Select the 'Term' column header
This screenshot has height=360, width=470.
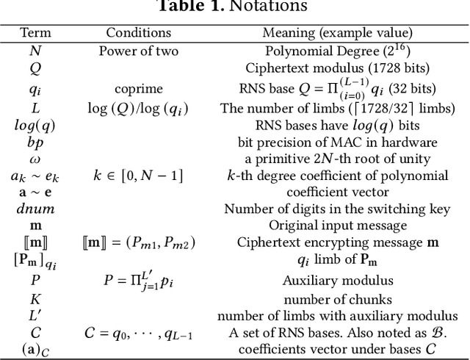[x=35, y=33]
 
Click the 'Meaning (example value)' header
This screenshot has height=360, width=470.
[x=337, y=33]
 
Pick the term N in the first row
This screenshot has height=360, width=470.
[x=35, y=51]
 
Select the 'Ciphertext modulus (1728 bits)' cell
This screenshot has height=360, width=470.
[x=337, y=68]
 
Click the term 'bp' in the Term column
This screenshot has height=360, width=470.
[x=35, y=142]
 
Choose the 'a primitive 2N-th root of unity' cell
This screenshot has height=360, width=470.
[x=337, y=159]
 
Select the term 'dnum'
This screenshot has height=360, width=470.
[x=35, y=209]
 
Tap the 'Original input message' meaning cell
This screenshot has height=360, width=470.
[x=337, y=226]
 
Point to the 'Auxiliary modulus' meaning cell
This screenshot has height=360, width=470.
[x=337, y=280]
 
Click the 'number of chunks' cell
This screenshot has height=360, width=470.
[x=337, y=298]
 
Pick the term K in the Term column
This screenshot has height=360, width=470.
[x=35, y=298]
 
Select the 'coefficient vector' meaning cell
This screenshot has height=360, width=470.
[x=337, y=192]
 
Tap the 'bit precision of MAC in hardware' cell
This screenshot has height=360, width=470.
[x=337, y=142]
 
